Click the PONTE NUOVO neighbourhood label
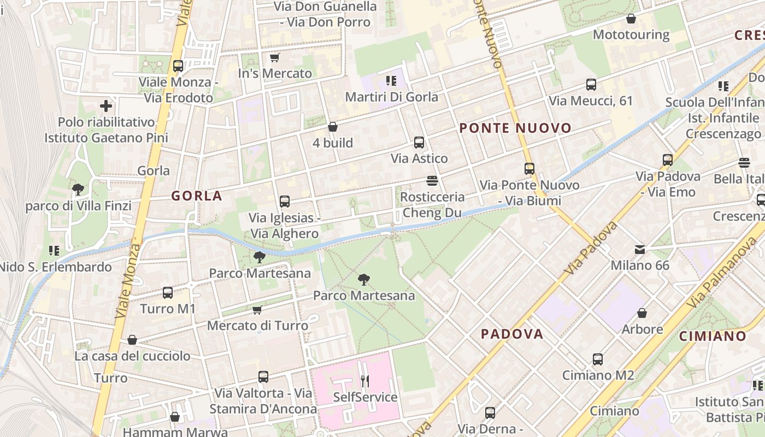pyautogui.click(x=515, y=128)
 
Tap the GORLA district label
pyautogui.click(x=197, y=196)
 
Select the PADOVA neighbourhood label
pyautogui.click(x=512, y=334)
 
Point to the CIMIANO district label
pyautogui.click(x=713, y=336)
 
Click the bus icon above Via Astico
pyautogui.click(x=419, y=143)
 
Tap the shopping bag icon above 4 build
pyautogui.click(x=332, y=127)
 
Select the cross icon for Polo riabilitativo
pyautogui.click(x=106, y=105)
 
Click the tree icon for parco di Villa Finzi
pyautogui.click(x=78, y=190)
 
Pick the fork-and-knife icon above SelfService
pyautogui.click(x=365, y=381)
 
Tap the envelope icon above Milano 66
pyautogui.click(x=639, y=250)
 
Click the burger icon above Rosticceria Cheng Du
pyautogui.click(x=432, y=180)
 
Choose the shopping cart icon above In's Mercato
pyautogui.click(x=274, y=57)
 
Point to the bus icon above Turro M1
pyautogui.click(x=167, y=293)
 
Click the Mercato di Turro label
pyautogui.click(x=257, y=326)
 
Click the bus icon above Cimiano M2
pyautogui.click(x=598, y=359)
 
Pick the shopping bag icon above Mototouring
pyautogui.click(x=631, y=19)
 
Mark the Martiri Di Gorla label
pyautogui.click(x=391, y=97)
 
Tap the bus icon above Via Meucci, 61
pyautogui.click(x=591, y=85)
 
